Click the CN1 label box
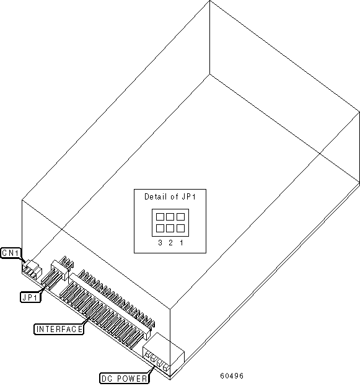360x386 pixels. click(11, 253)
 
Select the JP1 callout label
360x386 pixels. click(30, 297)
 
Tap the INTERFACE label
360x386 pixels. click(59, 329)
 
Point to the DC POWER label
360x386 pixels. click(125, 379)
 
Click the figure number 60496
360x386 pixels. click(232, 376)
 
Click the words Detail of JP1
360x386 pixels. click(170, 196)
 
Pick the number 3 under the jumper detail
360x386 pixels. click(160, 243)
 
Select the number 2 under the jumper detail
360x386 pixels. click(170, 243)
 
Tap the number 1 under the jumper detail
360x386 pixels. click(182, 243)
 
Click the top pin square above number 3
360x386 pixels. click(160, 217)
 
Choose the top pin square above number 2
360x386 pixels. click(170, 217)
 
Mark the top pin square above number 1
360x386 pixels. click(180, 217)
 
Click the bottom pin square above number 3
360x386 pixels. click(160, 228)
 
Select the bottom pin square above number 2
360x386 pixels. click(170, 228)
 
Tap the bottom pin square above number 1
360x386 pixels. click(180, 228)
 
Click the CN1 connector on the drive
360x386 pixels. click(32, 270)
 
